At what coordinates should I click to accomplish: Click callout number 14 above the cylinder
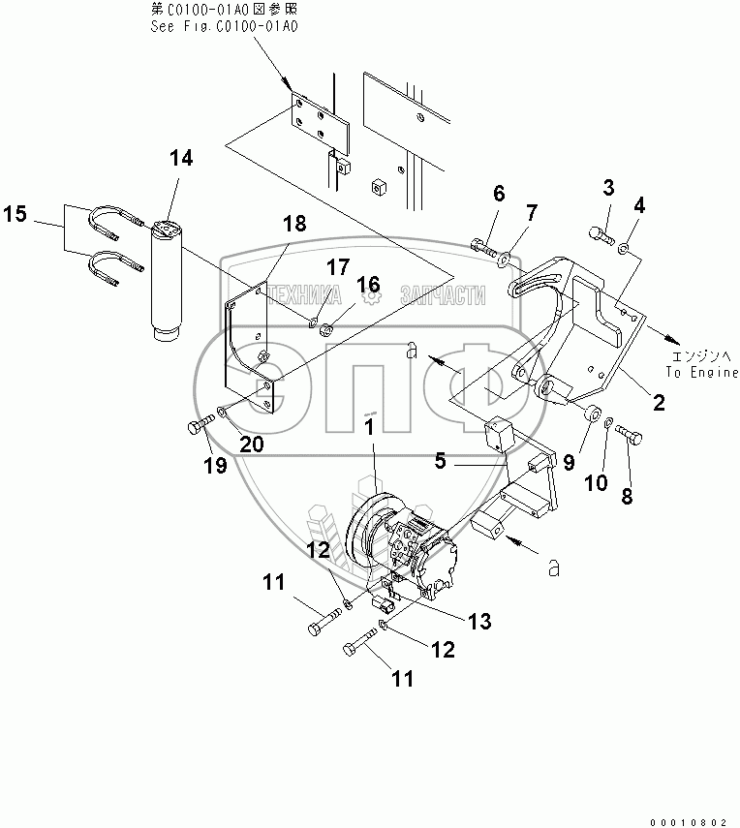point(181,158)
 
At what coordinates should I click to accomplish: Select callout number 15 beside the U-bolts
point(15,214)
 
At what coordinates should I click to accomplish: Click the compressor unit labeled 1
point(400,545)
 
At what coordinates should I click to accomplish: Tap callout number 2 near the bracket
point(660,403)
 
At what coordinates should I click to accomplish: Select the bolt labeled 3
point(601,235)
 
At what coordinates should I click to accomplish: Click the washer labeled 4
point(624,246)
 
